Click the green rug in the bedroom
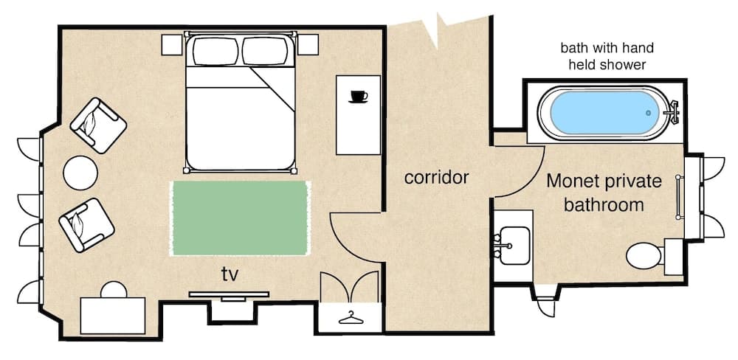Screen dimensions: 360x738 (x=240, y=218)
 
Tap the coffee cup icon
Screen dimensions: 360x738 (x=359, y=96)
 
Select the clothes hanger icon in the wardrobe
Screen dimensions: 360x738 (x=351, y=318)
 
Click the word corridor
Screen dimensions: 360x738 (x=437, y=178)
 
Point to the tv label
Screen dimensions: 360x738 (x=230, y=274)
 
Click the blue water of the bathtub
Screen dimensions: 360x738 (x=601, y=114)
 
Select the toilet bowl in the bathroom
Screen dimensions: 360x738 (x=641, y=258)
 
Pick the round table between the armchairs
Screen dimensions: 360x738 (x=80, y=173)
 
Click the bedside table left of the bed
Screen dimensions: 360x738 (x=173, y=44)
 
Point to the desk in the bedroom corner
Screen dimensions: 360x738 (x=112, y=315)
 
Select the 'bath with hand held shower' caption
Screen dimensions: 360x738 (x=607, y=57)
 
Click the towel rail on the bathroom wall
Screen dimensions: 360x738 (x=679, y=198)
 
